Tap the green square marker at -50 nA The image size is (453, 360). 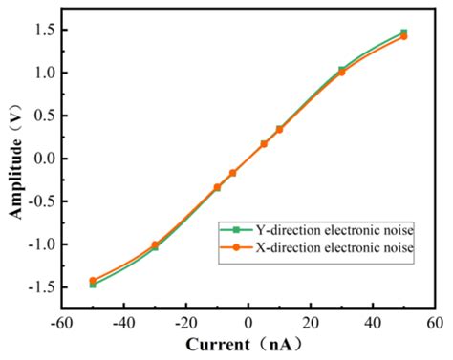(93, 285)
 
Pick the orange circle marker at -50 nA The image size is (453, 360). (93, 281)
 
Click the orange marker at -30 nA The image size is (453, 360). (155, 244)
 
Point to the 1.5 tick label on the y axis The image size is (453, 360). (43, 30)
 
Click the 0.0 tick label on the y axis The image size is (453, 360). (43, 159)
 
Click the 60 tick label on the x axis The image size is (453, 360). (435, 322)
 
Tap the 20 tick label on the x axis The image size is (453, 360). (311, 322)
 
